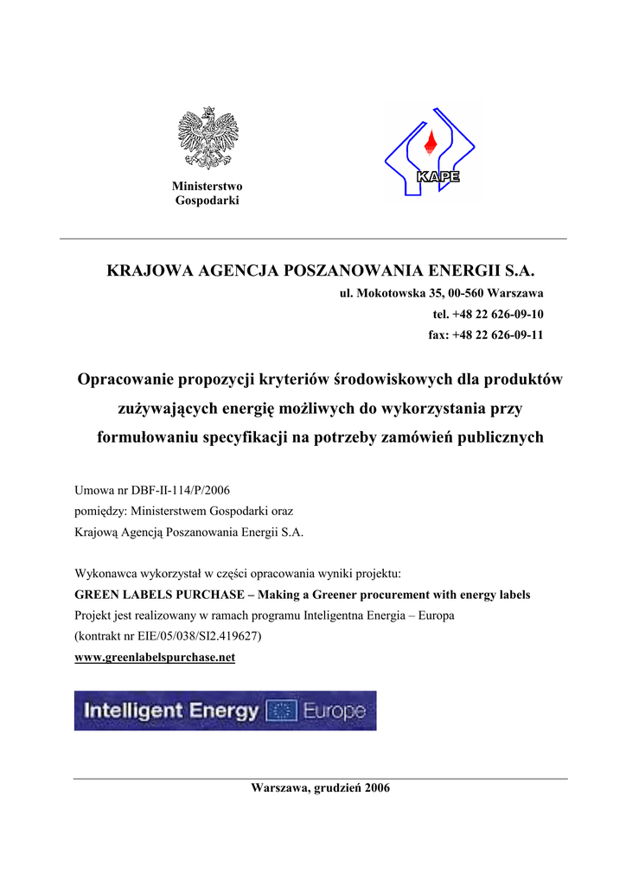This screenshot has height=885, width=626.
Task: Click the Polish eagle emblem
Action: (x=208, y=137)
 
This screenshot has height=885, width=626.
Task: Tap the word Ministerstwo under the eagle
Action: (x=208, y=187)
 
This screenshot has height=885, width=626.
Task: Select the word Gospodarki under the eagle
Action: (x=208, y=201)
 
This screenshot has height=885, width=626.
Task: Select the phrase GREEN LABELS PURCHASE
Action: (x=158, y=595)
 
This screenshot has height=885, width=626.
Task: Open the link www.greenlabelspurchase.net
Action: (x=155, y=658)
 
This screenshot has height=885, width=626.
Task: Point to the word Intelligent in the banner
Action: (x=134, y=711)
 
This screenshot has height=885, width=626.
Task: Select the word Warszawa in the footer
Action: (x=278, y=788)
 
